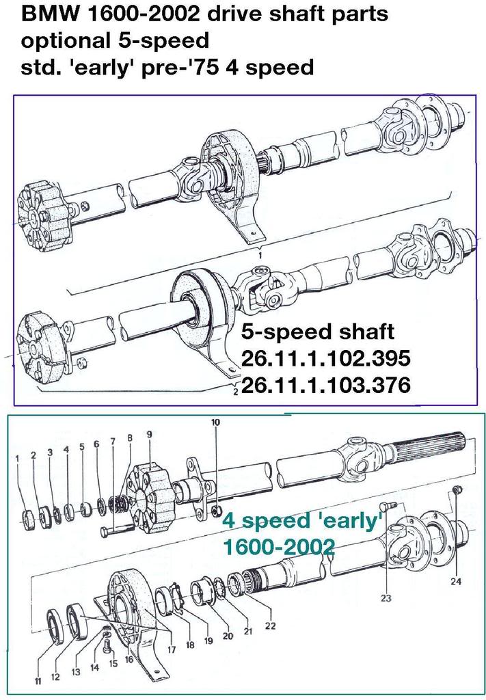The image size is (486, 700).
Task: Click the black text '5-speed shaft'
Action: [x=318, y=332]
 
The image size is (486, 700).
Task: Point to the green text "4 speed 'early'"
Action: [x=301, y=522]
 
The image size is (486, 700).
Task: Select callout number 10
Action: [x=215, y=422]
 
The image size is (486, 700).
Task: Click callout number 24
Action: [x=456, y=582]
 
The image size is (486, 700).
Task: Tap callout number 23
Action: [x=386, y=599]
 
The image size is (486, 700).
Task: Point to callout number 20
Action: [x=228, y=636]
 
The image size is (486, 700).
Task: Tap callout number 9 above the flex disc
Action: [x=149, y=433]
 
